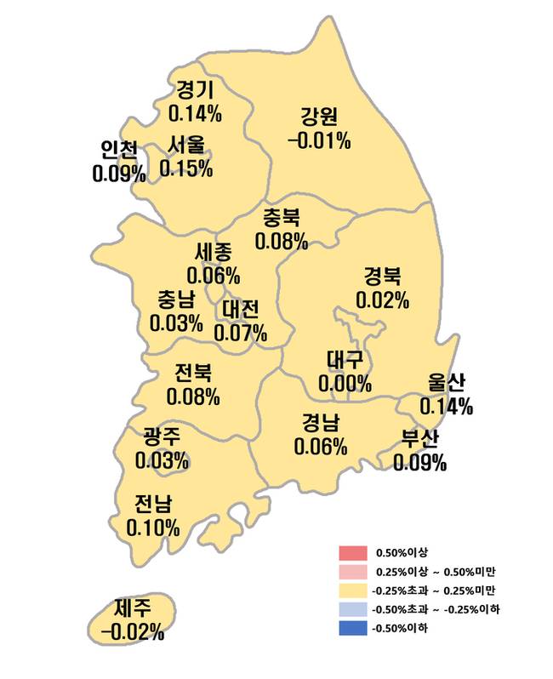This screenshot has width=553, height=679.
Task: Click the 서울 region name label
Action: point(185,145)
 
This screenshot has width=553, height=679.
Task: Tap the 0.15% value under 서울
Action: point(185,168)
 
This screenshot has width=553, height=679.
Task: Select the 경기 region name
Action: point(195,89)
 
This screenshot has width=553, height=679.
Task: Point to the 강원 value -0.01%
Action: point(320,140)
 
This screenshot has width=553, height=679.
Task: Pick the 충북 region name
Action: point(281,219)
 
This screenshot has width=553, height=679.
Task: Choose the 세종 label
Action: point(213,253)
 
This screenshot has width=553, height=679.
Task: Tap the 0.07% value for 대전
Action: point(241,332)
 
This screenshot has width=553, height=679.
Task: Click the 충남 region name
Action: point(175,300)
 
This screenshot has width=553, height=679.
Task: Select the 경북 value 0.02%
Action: point(383,300)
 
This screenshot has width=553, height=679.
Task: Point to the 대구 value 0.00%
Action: point(345,384)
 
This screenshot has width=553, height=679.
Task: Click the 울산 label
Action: point(446,384)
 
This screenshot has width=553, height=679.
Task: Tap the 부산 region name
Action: point(419,440)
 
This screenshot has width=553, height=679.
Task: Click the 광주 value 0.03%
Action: point(162,461)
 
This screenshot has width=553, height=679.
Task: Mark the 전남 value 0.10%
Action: point(153,527)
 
